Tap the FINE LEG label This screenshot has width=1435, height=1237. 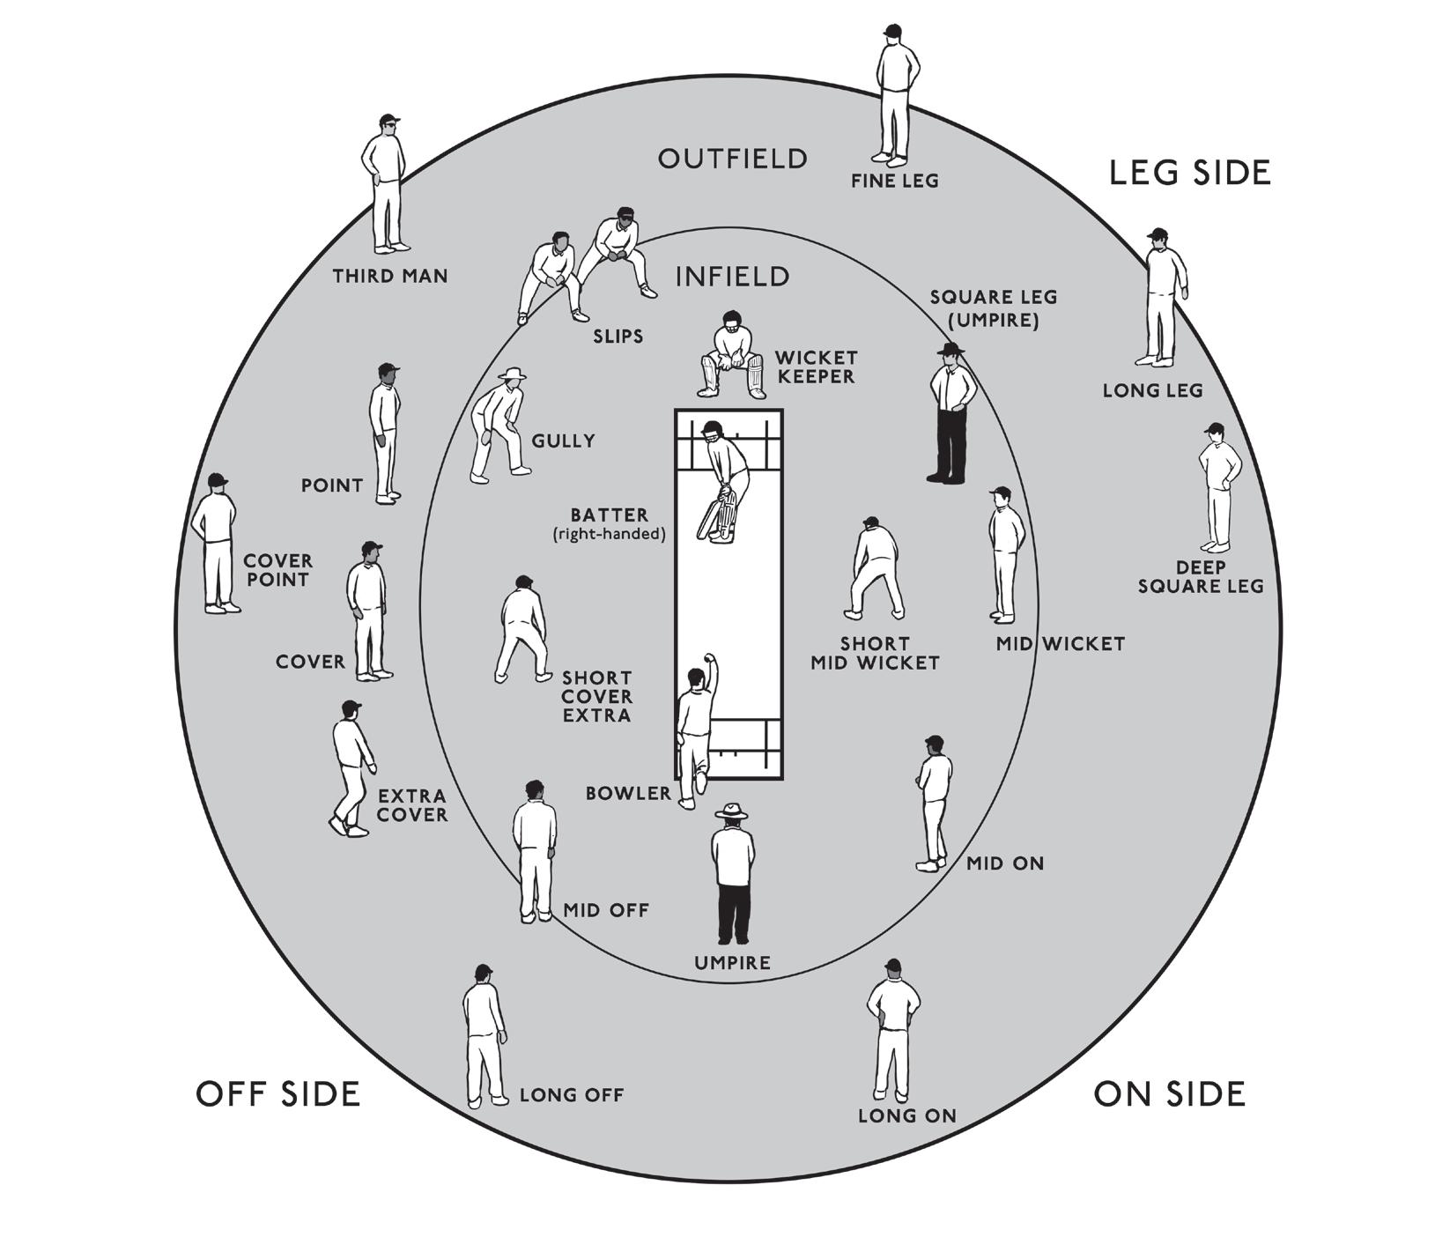[x=894, y=181]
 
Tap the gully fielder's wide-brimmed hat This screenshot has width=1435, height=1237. [x=512, y=374]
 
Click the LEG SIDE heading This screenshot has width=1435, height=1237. [x=1189, y=173]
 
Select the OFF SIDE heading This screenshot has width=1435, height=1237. [x=277, y=1093]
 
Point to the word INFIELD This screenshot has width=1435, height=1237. [x=732, y=277]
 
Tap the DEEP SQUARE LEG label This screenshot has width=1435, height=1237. [x=1200, y=577]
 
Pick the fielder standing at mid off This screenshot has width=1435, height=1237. [x=535, y=851]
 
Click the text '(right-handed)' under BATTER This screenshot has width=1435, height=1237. [x=609, y=534]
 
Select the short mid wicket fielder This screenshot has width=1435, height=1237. [x=875, y=568]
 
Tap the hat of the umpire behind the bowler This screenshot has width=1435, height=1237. [x=731, y=811]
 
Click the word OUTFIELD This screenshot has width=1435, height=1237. [x=732, y=159]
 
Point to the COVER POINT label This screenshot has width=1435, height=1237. [x=277, y=570]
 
